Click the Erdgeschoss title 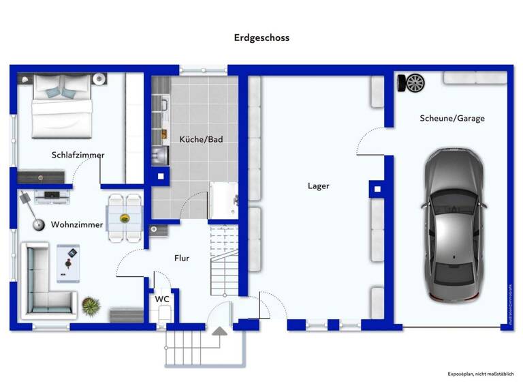coord(261,38)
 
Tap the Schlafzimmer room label coord(78,155)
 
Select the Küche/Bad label coord(201,139)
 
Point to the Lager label coord(318,186)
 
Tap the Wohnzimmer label coord(77,224)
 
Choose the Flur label coord(181,258)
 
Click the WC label coord(162,299)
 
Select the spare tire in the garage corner coord(411,83)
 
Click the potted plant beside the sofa coord(91,305)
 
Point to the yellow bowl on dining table coord(125,218)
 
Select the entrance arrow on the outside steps coord(220,331)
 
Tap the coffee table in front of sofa coord(68,263)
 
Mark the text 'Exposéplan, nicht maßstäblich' coord(480,374)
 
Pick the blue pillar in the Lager coord(377,189)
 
